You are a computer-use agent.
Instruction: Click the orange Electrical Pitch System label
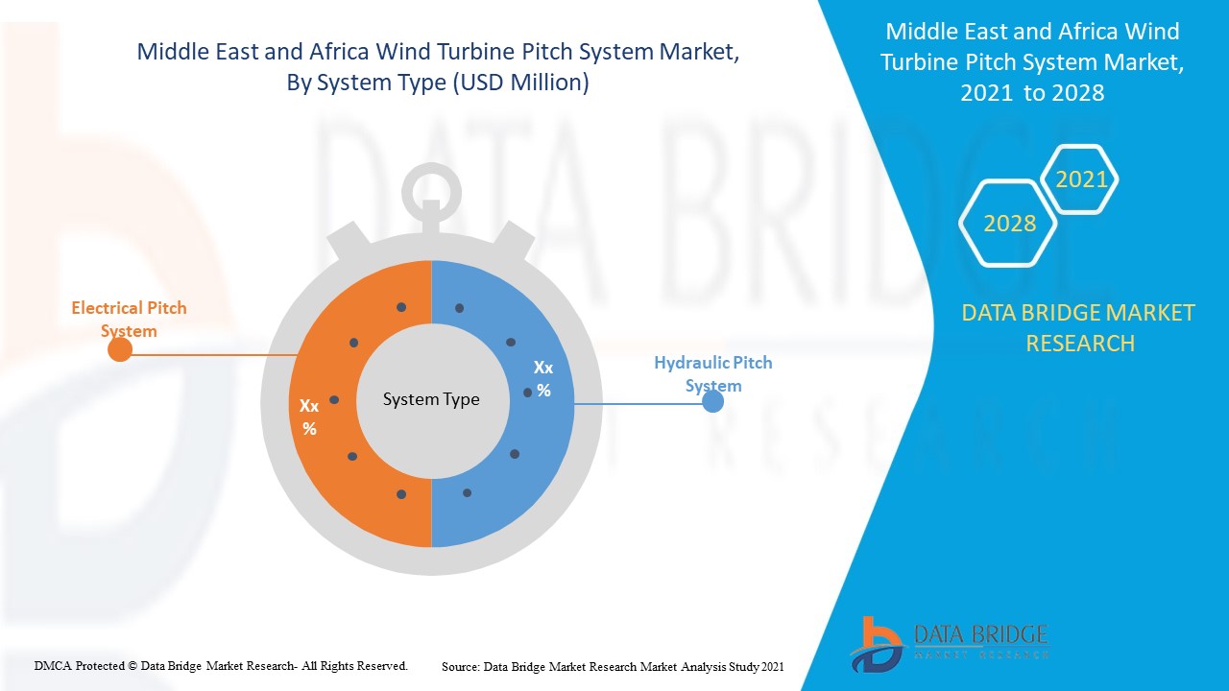(129, 320)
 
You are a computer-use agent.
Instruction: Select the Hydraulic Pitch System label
(713, 374)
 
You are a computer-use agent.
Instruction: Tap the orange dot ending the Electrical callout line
(120, 349)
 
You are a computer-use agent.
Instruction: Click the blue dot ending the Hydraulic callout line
(712, 402)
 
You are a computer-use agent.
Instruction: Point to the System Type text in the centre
(431, 399)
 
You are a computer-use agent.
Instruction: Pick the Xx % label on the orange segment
(309, 417)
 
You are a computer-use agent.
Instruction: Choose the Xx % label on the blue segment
(543, 379)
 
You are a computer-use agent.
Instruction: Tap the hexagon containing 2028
(1008, 224)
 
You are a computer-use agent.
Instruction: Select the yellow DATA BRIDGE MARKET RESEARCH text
(1078, 328)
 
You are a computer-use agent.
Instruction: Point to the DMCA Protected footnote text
(221, 666)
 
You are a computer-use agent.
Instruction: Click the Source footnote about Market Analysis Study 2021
(613, 667)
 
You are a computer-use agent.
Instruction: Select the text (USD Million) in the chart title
(520, 83)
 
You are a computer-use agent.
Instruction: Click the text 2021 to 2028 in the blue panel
(1032, 93)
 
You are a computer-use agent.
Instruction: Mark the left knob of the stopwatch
(349, 240)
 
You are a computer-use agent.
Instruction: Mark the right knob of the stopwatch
(513, 240)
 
